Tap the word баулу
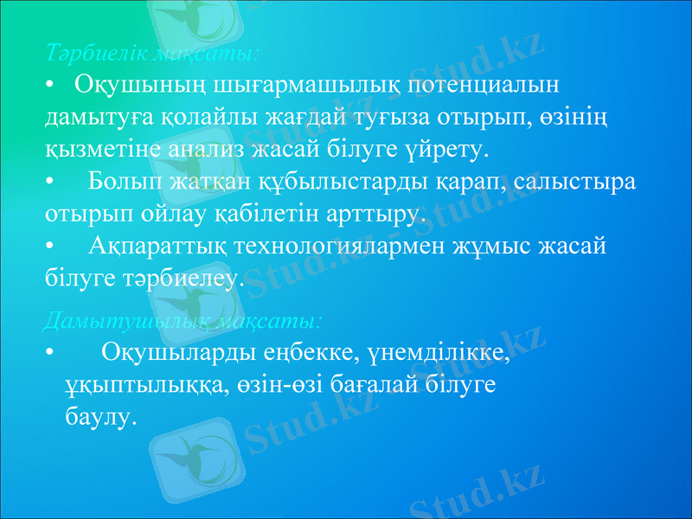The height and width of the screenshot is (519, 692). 100,417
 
